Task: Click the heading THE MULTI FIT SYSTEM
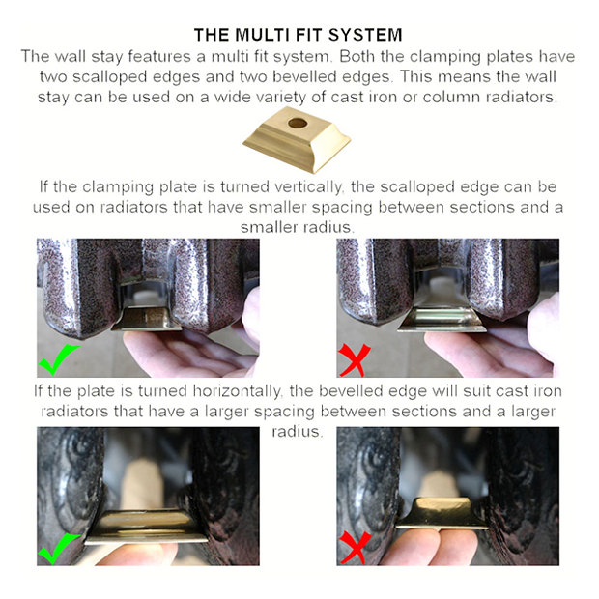[298, 35]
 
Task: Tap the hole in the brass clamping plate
[298, 123]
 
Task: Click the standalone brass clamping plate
[297, 139]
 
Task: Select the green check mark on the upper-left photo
[58, 359]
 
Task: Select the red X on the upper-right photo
[355, 359]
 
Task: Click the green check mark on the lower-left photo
[58, 548]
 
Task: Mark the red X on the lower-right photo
[355, 547]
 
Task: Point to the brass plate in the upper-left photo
[147, 319]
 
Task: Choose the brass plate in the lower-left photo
[146, 527]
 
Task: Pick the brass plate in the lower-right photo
[442, 513]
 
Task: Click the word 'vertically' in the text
[308, 187]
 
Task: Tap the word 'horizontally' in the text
[236, 391]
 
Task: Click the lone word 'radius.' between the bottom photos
[298, 431]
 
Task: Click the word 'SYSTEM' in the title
[365, 35]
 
